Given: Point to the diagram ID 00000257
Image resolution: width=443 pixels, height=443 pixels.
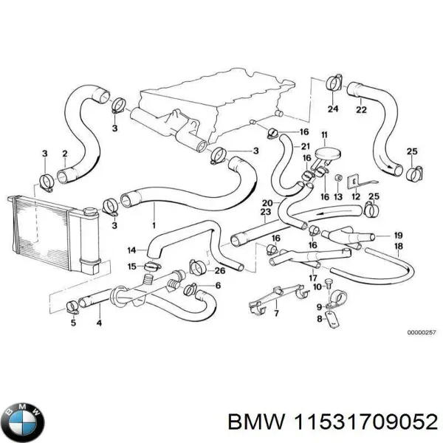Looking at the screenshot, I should click(421, 332).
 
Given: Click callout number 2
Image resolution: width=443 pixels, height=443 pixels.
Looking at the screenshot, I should click(65, 154).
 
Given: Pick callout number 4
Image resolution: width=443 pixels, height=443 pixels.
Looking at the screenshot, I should click(99, 323).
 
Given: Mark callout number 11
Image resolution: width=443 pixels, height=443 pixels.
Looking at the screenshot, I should click(323, 134).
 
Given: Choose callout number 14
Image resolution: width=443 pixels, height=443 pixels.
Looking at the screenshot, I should click(131, 250).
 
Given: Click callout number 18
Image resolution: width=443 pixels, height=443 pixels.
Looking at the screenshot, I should click(398, 246).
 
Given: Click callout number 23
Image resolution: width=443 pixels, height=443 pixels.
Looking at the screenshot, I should click(264, 213).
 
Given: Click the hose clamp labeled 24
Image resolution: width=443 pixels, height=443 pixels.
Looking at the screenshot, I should click(332, 82).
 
